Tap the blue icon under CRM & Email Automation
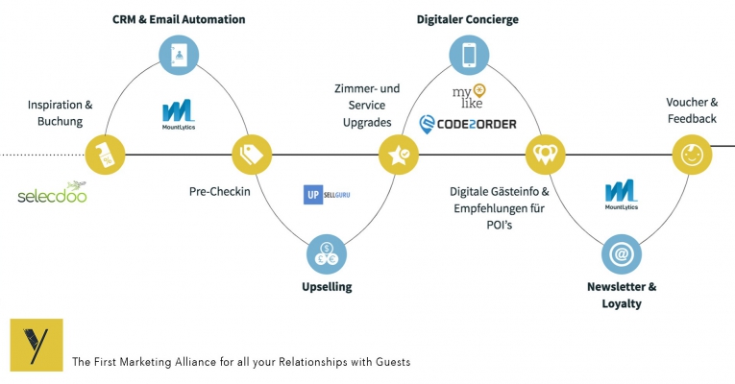click(180, 53)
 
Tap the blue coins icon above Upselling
click(326, 254)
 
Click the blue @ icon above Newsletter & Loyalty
click(622, 254)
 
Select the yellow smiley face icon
click(692, 154)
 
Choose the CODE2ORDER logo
click(468, 124)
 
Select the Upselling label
click(326, 286)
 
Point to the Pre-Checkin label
click(219, 191)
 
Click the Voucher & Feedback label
click(691, 110)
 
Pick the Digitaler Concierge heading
click(468, 19)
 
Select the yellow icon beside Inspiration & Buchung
click(106, 154)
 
